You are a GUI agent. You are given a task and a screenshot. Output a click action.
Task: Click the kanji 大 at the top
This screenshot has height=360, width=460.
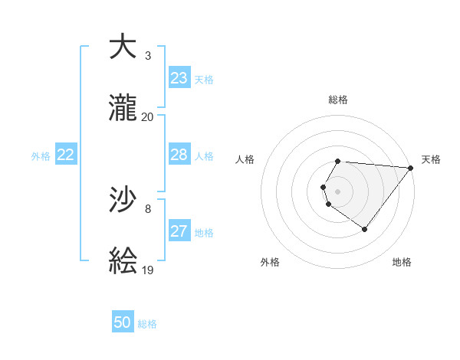[123, 47]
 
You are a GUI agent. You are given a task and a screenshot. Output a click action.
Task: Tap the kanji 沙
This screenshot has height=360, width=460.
[123, 200]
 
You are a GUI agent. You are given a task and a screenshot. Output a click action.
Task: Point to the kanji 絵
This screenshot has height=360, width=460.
[123, 261]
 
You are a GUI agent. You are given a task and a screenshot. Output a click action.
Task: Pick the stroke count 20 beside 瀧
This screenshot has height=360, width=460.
[148, 116]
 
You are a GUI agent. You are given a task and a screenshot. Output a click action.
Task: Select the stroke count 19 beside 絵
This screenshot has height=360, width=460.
[148, 270]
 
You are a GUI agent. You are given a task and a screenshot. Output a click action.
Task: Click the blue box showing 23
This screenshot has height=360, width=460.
[179, 78]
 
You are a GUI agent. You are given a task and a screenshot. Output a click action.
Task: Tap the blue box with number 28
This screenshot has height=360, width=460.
[179, 155]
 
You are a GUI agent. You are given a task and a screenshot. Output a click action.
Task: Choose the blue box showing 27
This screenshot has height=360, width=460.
[179, 231]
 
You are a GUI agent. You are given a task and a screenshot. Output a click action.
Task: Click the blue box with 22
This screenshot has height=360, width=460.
[65, 155]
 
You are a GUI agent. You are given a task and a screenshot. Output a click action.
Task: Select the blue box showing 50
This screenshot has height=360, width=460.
[123, 322]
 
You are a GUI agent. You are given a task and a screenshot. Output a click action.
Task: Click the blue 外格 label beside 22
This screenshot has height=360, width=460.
[41, 156]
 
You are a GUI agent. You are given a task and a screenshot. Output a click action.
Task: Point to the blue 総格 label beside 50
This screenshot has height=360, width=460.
[147, 324]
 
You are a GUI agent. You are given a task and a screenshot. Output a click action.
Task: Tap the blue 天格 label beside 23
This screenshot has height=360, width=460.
[204, 80]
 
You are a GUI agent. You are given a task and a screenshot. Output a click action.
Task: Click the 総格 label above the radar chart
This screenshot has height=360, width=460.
[338, 100]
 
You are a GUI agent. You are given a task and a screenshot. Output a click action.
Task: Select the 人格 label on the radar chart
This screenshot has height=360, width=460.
[245, 159]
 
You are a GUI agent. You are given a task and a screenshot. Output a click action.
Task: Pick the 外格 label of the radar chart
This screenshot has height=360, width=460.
[270, 262]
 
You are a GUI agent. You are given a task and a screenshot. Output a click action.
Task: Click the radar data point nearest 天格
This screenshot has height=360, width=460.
[411, 168]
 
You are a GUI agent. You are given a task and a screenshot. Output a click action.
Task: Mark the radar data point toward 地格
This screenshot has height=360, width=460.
[365, 229]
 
